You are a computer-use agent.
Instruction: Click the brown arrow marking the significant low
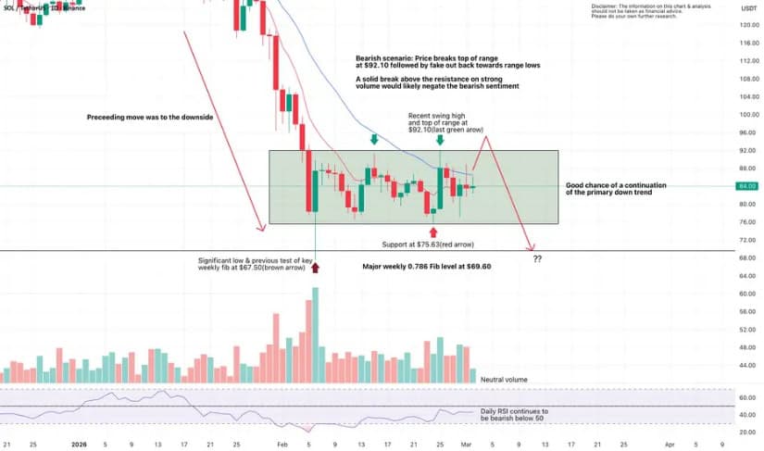click(x=315, y=268)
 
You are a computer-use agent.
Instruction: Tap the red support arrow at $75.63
click(x=432, y=232)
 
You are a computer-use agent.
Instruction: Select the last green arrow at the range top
click(x=439, y=140)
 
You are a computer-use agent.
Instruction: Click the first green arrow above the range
click(x=374, y=139)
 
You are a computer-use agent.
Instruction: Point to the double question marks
click(x=537, y=258)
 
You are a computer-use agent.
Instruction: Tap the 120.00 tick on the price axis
click(x=748, y=25)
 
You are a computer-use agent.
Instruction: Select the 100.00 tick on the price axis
click(x=748, y=115)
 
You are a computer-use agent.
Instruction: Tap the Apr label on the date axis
click(x=670, y=444)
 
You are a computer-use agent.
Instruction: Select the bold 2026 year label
click(x=80, y=444)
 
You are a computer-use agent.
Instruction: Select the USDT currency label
click(x=748, y=7)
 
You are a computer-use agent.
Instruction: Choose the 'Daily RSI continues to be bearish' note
click(x=515, y=414)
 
